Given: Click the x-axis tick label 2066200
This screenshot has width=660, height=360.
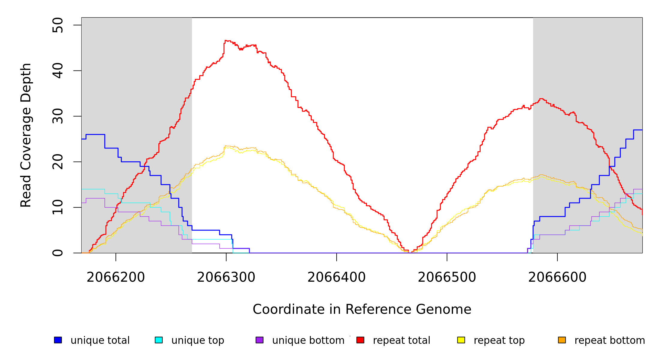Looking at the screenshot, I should click(116, 277).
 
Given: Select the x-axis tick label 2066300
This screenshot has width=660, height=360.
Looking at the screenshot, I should click(226, 277).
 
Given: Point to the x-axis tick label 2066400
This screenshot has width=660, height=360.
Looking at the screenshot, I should click(337, 277).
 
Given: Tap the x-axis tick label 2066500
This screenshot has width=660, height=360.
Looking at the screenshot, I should click(447, 277).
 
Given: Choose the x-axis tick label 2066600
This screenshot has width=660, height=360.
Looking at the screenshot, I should click(557, 277).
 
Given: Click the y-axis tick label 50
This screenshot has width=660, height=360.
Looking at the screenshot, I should click(58, 25).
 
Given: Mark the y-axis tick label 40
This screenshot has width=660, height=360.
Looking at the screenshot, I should click(58, 71).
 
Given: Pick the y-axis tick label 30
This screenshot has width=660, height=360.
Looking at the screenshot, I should click(58, 116).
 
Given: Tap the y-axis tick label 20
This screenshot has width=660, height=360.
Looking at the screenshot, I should click(58, 162).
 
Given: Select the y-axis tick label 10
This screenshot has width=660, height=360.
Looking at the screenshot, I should click(58, 207).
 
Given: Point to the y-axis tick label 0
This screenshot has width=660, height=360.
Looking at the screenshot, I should click(58, 253).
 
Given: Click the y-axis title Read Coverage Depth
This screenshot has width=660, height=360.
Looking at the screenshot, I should click(26, 135).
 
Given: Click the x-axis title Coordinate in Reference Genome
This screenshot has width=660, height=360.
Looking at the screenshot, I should click(362, 310).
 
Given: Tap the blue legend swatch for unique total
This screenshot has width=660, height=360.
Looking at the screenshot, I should click(58, 340).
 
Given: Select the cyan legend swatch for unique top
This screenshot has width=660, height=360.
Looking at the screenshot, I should click(159, 340).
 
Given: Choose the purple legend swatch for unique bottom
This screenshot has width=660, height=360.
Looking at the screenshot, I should click(259, 340).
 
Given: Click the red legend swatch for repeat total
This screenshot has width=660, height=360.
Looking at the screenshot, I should click(360, 340).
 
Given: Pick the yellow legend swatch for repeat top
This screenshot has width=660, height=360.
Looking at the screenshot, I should click(461, 340).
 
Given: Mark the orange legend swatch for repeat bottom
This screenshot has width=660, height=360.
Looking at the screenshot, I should click(562, 340).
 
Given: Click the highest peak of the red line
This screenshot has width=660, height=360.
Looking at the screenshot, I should click(226, 40).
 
